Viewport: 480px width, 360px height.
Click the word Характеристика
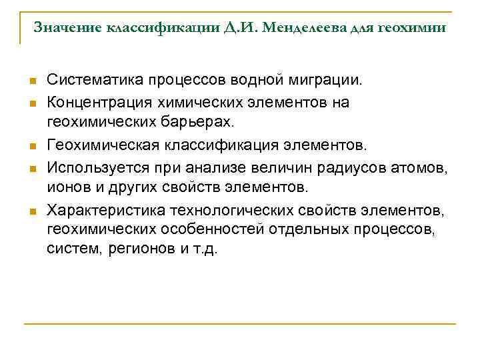pos(105,211)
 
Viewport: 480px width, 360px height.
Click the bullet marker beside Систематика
pos(31,82)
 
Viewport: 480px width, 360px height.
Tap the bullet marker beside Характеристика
pos(31,212)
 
